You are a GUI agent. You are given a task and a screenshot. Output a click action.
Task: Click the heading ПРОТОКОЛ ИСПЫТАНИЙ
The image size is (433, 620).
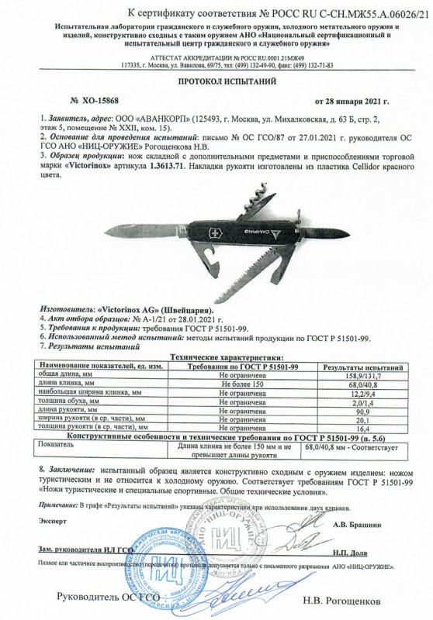click(216, 80)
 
